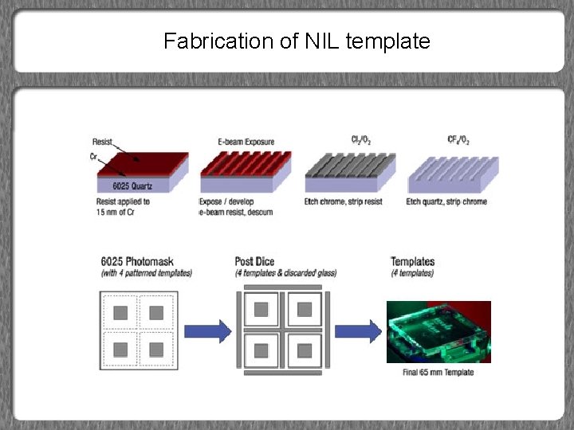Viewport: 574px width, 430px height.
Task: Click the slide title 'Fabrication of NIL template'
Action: (297, 41)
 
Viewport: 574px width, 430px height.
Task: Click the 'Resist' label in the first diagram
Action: (102, 142)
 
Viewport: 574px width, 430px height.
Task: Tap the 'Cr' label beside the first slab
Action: (94, 155)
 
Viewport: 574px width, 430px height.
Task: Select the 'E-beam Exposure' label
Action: (246, 142)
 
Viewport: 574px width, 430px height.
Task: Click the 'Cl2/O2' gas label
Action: (361, 140)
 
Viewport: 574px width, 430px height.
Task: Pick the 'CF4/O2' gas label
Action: (458, 140)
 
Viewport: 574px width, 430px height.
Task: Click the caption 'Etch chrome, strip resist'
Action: (344, 201)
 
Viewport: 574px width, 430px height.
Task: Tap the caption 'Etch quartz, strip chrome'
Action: (446, 201)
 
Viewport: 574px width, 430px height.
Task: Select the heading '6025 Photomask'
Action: (138, 261)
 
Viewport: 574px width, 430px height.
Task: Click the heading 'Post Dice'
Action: (255, 261)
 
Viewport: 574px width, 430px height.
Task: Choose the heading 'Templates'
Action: (412, 261)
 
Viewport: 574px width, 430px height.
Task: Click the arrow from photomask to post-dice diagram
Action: (207, 330)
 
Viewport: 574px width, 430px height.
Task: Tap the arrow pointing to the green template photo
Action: (356, 330)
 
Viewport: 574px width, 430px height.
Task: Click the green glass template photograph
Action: (438, 331)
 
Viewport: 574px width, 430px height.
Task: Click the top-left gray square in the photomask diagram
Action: (120, 313)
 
